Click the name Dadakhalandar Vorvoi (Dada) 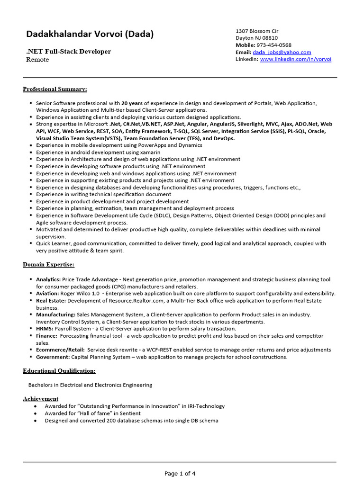90,34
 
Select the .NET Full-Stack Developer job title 68,51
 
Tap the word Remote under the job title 37,60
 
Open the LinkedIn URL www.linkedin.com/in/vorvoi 295,59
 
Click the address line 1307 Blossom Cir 257,31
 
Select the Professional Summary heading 55,89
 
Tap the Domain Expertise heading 48,264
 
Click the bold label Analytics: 48,279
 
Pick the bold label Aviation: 47,294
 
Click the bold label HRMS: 45,329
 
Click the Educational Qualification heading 59,371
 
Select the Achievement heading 41,399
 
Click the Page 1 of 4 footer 180,473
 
